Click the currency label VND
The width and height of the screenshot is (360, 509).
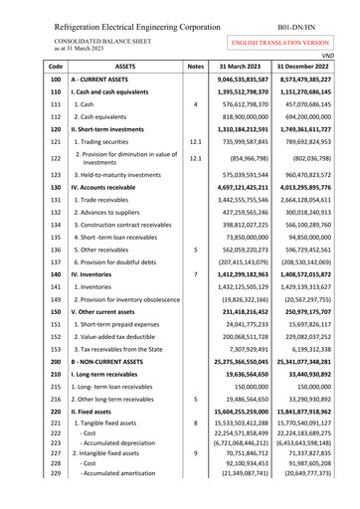pos(348,55)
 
